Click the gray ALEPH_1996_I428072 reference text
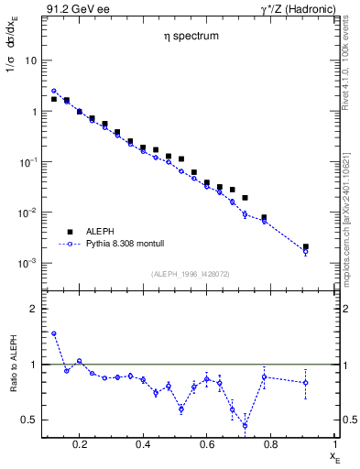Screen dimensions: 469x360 coord(190,274)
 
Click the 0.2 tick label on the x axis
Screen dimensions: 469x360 coord(80,444)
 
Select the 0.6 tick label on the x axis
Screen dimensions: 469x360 coord(207,444)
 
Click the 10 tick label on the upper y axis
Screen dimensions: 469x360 coord(29,60)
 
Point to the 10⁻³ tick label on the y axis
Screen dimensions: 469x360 coord(27,264)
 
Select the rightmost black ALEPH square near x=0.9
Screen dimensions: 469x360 coord(306,247)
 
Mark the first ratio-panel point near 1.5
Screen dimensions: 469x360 coord(54,333)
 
